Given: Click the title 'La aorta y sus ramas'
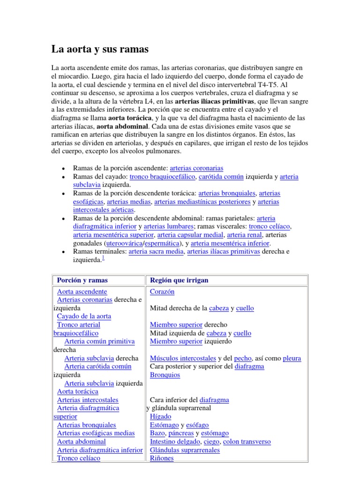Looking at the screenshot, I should click(x=99, y=49).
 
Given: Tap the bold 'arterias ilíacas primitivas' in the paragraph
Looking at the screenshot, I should click(x=215, y=101).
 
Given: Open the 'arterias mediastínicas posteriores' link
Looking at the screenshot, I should click(x=202, y=202).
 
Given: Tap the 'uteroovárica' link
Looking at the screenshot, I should click(x=124, y=244).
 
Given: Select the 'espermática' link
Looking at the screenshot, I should click(x=162, y=244).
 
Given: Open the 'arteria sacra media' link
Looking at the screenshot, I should click(x=156, y=252).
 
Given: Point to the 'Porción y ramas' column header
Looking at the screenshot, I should click(x=82, y=280).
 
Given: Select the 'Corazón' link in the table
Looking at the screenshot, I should click(x=162, y=292).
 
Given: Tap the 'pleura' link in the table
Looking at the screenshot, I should click(x=292, y=359).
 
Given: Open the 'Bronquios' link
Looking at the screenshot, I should click(x=165, y=375).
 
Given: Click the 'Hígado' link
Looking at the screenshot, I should click(x=160, y=417).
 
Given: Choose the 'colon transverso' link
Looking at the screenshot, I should click(x=247, y=442).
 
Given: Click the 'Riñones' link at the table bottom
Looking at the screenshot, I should click(x=161, y=458).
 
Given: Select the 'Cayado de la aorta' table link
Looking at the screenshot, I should click(x=84, y=316).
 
